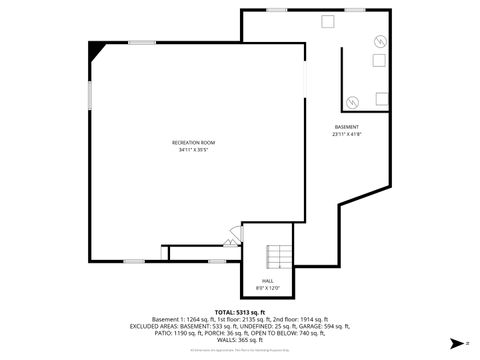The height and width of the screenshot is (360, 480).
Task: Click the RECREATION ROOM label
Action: (x=194, y=143)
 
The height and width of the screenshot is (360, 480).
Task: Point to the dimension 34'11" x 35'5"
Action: (x=194, y=150)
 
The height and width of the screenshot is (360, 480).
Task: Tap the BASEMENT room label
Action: (x=347, y=127)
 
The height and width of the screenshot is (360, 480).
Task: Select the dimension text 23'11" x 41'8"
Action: (x=347, y=134)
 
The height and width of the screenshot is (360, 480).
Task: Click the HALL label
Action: (x=268, y=281)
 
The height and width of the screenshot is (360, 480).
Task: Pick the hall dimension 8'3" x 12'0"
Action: (x=268, y=288)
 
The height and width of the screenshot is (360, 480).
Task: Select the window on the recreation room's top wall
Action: (x=140, y=41)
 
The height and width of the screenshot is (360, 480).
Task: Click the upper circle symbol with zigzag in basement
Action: (x=379, y=41)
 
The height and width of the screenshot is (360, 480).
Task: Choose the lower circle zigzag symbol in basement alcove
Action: (x=353, y=100)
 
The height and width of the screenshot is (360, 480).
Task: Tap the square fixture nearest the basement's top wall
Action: (x=327, y=21)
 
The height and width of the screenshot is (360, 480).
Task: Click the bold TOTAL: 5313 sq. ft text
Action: (x=239, y=311)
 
